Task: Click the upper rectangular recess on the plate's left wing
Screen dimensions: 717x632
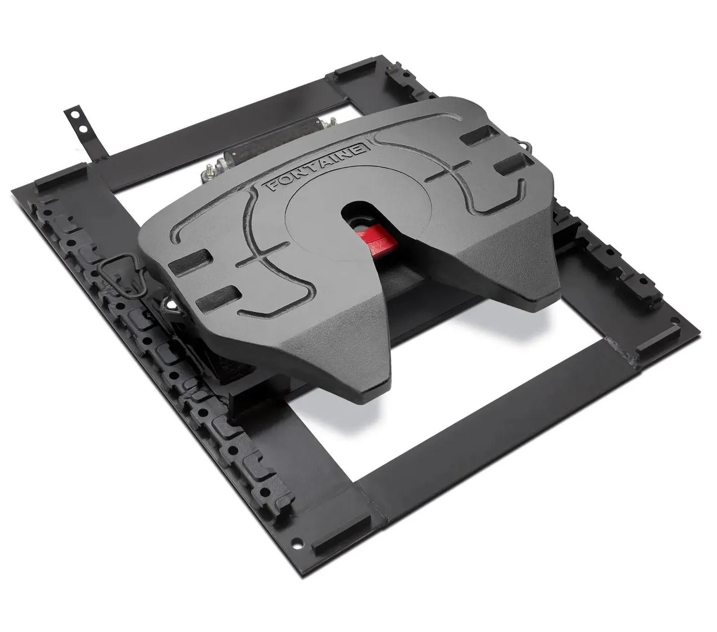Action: click(x=191, y=260)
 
